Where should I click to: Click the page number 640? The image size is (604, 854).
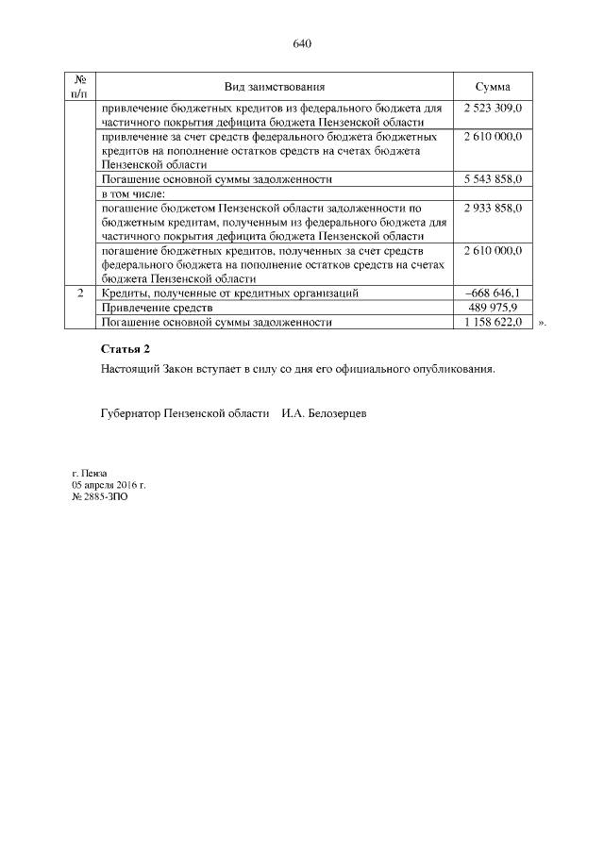(302, 44)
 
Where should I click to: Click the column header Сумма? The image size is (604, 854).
(493, 86)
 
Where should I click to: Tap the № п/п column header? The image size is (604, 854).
(80, 86)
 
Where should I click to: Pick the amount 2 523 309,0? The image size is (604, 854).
(493, 109)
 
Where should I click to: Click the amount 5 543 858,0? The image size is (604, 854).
(493, 178)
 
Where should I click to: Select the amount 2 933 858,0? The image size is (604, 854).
(493, 206)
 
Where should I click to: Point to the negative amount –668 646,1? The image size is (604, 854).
(494, 293)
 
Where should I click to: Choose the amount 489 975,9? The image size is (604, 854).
(495, 308)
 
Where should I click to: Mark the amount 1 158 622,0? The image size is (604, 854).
(493, 322)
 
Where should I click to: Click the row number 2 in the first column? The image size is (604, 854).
(80, 293)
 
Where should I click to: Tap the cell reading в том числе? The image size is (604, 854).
(133, 193)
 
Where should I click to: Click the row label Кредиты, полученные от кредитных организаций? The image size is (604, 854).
(229, 293)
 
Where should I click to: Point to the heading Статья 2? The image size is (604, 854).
(126, 349)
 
